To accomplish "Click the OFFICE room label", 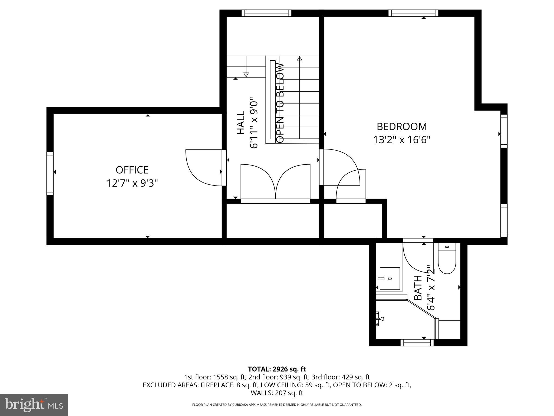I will pyautogui.click(x=132, y=170).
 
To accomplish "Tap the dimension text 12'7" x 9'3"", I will pyautogui.click(x=132, y=184).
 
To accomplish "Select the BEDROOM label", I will pyautogui.click(x=402, y=127).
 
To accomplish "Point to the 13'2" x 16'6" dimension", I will pyautogui.click(x=402, y=140).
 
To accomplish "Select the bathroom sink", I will pyautogui.click(x=390, y=278).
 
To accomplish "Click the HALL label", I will pyautogui.click(x=240, y=122).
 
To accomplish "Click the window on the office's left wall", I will pyautogui.click(x=50, y=173).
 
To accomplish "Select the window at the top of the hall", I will pyautogui.click(x=266, y=13).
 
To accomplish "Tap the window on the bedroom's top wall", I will pyautogui.click(x=413, y=13).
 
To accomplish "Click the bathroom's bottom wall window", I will pyautogui.click(x=417, y=343).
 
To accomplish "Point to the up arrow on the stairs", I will pyautogui.click(x=299, y=59).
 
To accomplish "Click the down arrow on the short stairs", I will pyautogui.click(x=246, y=74).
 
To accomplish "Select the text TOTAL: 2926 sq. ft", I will pyautogui.click(x=277, y=369).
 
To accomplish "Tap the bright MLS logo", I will pyautogui.click(x=34, y=405).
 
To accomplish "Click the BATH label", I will pyautogui.click(x=418, y=288).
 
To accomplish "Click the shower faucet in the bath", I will pyautogui.click(x=380, y=319).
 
